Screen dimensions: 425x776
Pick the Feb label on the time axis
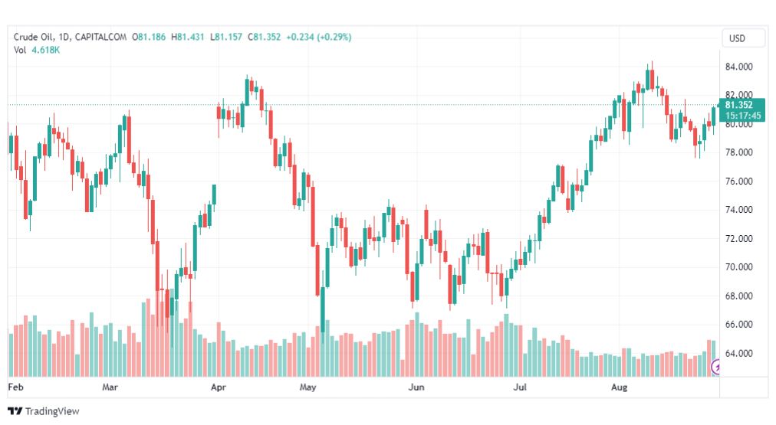(x=15, y=387)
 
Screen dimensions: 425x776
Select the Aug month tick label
(x=619, y=387)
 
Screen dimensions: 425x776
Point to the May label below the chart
(x=308, y=387)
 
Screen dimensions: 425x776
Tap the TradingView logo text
(x=51, y=411)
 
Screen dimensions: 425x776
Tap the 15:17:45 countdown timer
(x=742, y=116)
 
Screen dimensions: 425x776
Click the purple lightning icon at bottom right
(x=717, y=368)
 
